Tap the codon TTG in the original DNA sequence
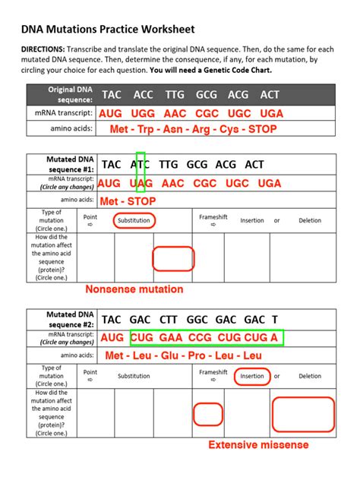(175, 95)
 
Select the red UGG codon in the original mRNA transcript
(143, 112)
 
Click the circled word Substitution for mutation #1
(134, 221)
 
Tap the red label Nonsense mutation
(134, 289)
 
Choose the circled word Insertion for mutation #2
(252, 376)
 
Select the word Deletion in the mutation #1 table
(310, 221)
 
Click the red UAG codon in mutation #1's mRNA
(143, 183)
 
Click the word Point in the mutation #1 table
(90, 217)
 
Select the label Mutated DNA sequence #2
(62, 319)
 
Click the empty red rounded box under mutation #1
(174, 258)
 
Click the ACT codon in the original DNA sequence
(270, 95)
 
